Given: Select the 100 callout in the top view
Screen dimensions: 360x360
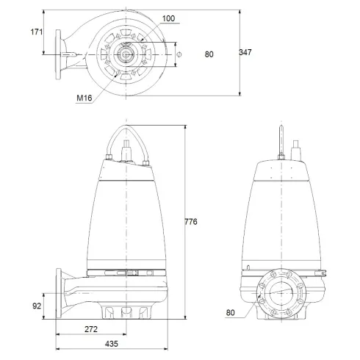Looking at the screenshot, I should tap(170, 18).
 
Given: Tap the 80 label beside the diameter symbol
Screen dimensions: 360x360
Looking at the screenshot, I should tap(209, 53).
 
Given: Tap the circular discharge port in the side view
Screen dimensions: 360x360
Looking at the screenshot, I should tap(283, 295).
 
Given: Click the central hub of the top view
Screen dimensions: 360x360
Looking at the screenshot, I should tap(126, 53).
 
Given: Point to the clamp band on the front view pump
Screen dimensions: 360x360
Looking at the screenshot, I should tap(129, 273).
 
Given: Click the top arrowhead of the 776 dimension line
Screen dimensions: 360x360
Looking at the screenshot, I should tap(184, 126).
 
